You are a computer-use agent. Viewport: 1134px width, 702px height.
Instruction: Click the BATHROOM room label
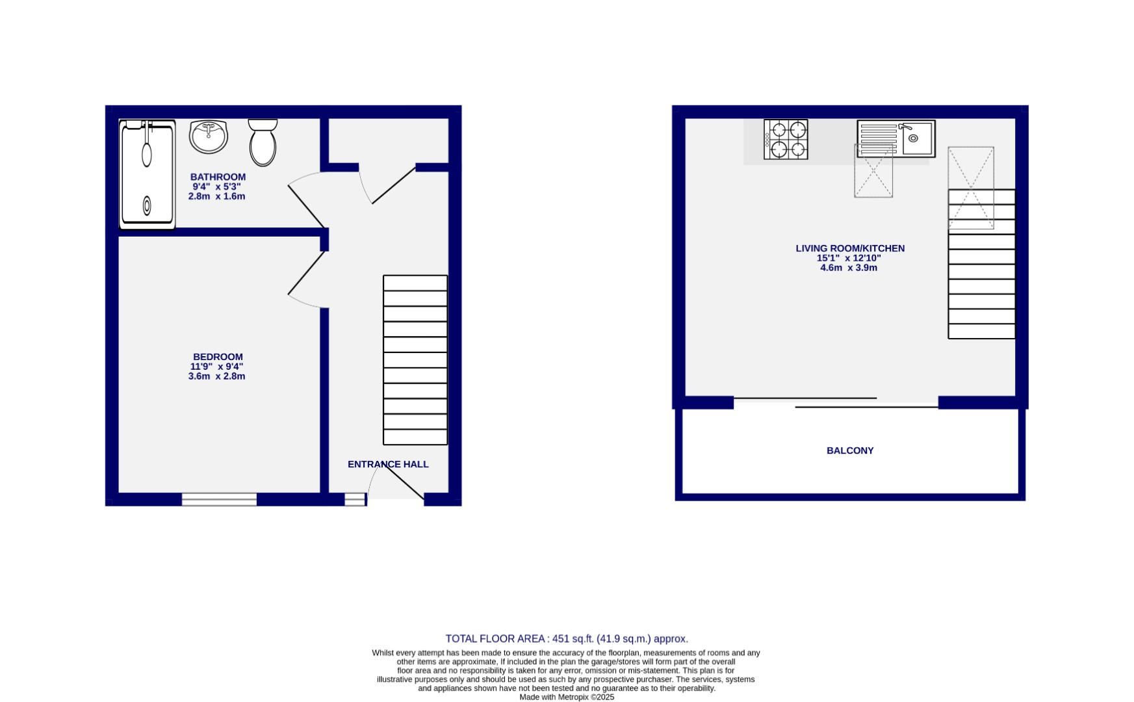[218, 177]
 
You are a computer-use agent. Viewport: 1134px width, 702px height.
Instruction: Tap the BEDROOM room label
[218, 357]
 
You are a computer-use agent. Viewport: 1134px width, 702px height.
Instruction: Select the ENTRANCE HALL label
[388, 464]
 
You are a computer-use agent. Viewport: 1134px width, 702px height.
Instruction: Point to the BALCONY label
[850, 450]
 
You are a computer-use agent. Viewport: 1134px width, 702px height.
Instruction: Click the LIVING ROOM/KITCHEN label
[850, 248]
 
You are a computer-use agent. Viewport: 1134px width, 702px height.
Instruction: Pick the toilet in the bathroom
[263, 142]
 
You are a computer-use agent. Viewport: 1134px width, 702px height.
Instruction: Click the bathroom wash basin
[209, 136]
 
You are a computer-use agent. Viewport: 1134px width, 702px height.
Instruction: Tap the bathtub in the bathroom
[148, 174]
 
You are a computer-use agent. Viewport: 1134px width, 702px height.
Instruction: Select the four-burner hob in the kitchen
[786, 139]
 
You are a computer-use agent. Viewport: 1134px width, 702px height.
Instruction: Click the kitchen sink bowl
[916, 139]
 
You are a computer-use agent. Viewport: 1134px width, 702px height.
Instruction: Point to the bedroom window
[219, 499]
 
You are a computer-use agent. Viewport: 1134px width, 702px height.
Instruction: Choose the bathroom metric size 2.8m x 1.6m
[216, 196]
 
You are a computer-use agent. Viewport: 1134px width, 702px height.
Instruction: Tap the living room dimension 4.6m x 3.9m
[849, 268]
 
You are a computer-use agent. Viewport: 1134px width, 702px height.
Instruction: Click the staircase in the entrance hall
[415, 360]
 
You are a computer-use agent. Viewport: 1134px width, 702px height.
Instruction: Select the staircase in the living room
[981, 265]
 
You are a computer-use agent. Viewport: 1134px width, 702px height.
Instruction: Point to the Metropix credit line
[567, 697]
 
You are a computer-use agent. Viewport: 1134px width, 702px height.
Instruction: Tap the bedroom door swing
[306, 279]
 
